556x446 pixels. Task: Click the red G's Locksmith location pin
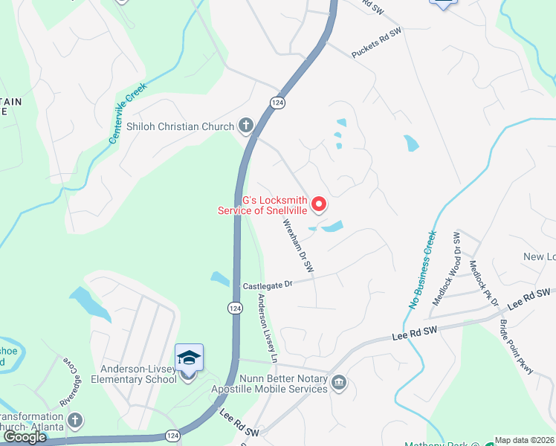[320, 203]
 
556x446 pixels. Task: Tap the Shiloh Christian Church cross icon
[246, 126]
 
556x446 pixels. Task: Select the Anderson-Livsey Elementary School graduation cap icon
[189, 358]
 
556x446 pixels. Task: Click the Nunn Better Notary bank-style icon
[340, 382]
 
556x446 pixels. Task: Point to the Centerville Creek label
[128, 113]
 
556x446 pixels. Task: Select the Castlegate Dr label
[268, 285]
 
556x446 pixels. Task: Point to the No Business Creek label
[421, 269]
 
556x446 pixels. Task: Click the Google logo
[25, 437]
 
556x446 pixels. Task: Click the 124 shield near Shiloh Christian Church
[276, 103]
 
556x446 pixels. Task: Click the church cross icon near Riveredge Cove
[74, 421]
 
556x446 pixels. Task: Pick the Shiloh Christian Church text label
[180, 126]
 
